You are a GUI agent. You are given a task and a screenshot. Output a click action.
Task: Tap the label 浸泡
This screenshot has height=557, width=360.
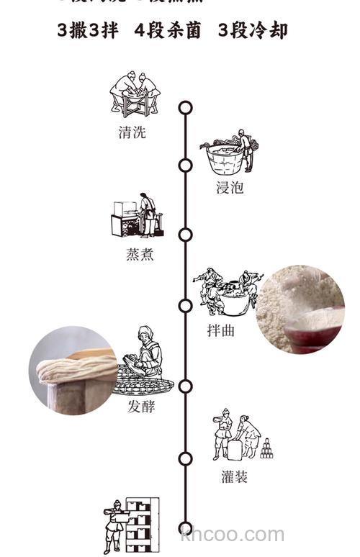click(x=230, y=189)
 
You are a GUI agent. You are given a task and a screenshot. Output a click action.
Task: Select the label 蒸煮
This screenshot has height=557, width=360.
click(x=139, y=255)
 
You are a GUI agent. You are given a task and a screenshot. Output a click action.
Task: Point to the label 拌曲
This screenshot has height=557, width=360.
click(x=222, y=330)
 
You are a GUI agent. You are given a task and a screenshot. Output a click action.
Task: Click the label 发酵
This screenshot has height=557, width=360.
click(x=142, y=408)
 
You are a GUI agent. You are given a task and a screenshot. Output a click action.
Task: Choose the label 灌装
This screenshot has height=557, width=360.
click(x=235, y=476)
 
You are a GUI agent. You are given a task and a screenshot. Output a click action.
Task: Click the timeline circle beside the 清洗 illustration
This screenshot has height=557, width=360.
click(x=186, y=108)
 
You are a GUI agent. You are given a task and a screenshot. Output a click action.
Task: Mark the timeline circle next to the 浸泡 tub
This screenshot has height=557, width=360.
click(x=186, y=166)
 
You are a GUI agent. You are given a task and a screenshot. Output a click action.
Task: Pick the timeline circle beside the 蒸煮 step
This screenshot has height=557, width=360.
click(x=186, y=235)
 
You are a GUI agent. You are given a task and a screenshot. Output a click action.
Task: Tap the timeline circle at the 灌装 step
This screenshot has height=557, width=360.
click(x=186, y=458)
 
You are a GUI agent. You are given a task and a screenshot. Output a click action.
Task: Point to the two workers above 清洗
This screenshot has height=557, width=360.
click(x=135, y=92)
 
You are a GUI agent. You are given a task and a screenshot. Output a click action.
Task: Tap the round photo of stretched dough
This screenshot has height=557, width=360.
click(x=72, y=370)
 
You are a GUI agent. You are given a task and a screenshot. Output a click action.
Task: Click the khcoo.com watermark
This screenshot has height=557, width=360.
click(x=233, y=535)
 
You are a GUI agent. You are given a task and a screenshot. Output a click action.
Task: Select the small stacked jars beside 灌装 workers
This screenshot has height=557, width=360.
click(x=266, y=448)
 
